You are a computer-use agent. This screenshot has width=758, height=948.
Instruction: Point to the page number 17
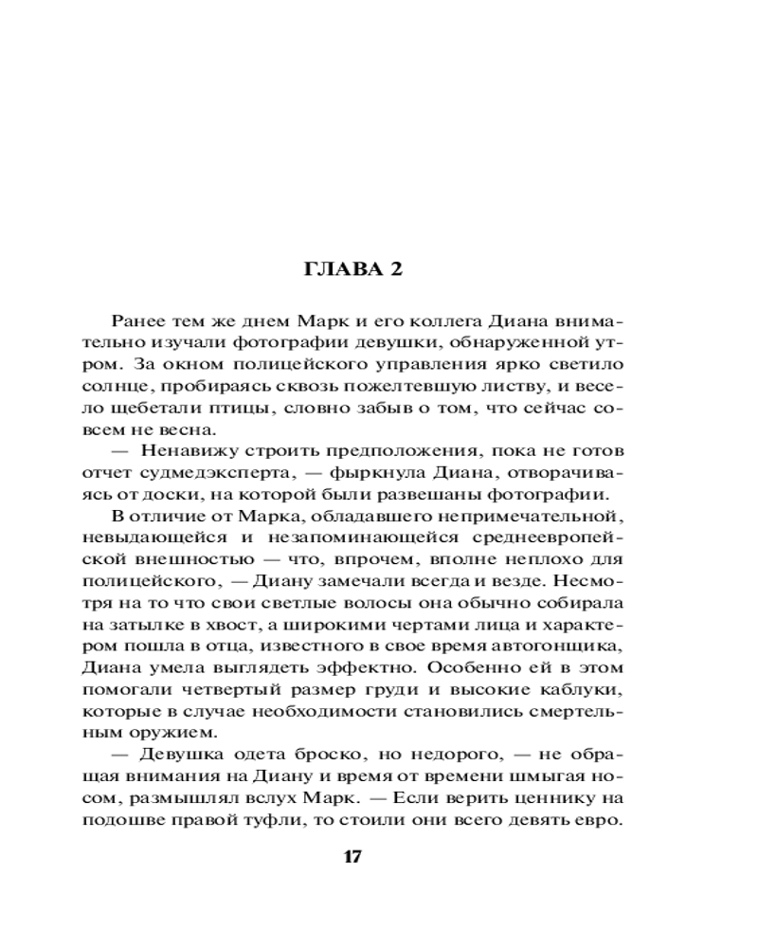point(352,857)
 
